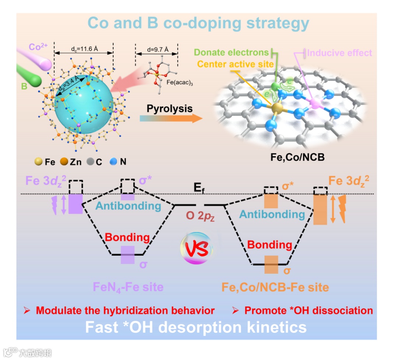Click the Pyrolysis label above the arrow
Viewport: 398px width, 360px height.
pos(170,109)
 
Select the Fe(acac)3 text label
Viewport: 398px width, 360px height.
pos(180,84)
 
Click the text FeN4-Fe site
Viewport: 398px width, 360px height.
pos(128,287)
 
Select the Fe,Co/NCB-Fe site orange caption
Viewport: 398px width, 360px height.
pos(275,287)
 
